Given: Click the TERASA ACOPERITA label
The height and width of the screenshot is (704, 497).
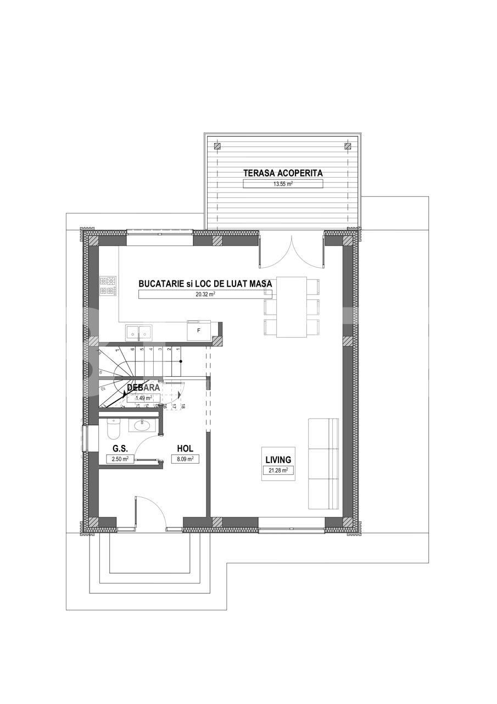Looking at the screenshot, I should [283, 173].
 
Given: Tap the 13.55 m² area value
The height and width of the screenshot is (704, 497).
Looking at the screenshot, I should [283, 184].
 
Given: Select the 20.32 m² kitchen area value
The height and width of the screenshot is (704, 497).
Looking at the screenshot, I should [205, 294].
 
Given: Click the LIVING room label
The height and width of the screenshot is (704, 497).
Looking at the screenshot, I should [278, 460].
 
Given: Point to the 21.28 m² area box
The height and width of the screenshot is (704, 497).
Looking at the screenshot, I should [278, 470].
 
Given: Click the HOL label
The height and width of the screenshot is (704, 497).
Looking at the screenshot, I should [185, 448].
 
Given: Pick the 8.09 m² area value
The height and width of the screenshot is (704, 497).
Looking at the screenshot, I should [185, 459].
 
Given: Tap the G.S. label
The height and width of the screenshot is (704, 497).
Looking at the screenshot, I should [121, 448].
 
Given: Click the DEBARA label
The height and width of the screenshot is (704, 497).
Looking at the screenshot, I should [143, 387].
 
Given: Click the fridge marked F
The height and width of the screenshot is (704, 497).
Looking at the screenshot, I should [199, 331].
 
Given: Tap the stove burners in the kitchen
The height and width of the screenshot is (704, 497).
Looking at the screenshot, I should [108, 285].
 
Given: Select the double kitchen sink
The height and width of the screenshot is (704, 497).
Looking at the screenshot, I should [139, 332].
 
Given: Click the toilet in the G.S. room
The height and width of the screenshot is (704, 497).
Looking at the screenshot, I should [113, 426].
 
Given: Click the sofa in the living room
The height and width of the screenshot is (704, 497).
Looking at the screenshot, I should [323, 464].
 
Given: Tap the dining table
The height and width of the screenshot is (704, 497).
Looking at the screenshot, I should [291, 306].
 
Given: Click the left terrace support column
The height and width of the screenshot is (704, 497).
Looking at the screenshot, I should [218, 146].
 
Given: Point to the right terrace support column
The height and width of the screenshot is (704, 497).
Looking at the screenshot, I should [347, 146].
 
